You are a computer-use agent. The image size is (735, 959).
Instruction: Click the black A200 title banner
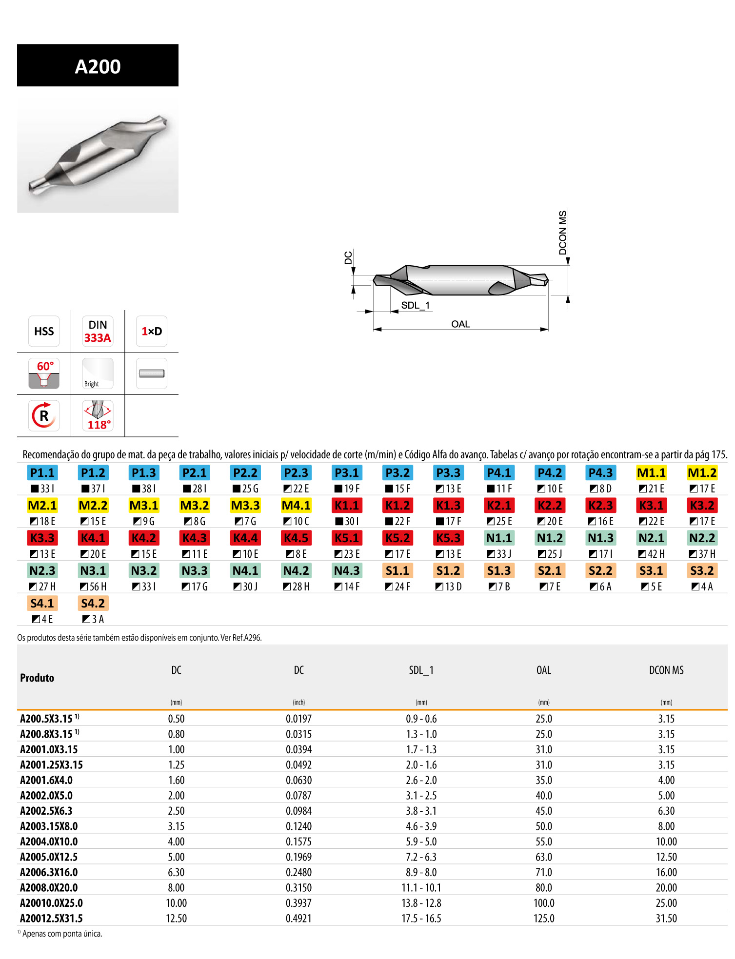[x=98, y=65]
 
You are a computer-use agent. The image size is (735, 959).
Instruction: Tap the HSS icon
[x=44, y=331]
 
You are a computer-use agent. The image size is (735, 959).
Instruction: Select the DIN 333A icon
[x=98, y=331]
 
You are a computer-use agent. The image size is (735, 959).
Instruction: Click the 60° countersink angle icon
[x=44, y=373]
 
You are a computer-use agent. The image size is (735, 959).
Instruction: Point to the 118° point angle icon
[x=98, y=416]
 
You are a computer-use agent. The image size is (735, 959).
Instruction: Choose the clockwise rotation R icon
[x=44, y=416]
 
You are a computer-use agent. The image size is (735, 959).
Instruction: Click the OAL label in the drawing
[x=460, y=324]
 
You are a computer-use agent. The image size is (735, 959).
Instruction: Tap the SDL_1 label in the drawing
[x=416, y=305]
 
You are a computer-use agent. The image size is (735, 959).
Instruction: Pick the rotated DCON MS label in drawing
[x=563, y=233]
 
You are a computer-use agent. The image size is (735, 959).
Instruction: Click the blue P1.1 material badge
[x=42, y=472]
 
